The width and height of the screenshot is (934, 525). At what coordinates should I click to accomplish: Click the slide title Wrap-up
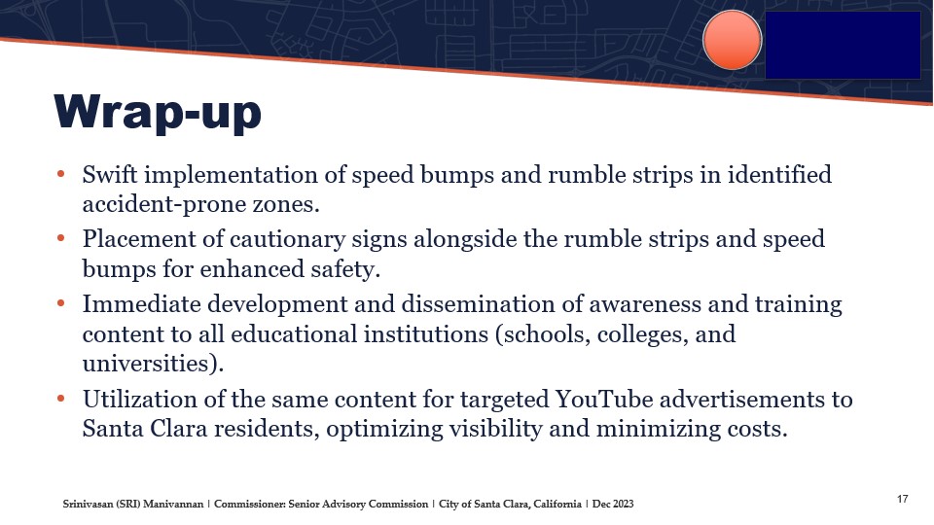click(158, 112)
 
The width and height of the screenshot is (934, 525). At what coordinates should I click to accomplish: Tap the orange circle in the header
click(732, 40)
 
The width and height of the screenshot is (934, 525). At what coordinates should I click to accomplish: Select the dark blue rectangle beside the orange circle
click(843, 45)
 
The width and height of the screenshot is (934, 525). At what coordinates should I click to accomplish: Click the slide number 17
click(903, 499)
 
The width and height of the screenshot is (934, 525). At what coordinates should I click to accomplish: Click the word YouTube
click(604, 399)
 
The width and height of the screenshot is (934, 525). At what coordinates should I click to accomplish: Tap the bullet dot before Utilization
click(60, 399)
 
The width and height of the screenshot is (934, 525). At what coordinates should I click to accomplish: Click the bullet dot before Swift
click(60, 174)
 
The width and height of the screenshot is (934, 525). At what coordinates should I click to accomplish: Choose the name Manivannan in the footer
click(173, 505)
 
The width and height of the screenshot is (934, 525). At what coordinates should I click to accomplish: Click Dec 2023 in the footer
click(613, 505)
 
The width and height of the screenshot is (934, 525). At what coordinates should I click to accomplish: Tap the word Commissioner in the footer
click(250, 505)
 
